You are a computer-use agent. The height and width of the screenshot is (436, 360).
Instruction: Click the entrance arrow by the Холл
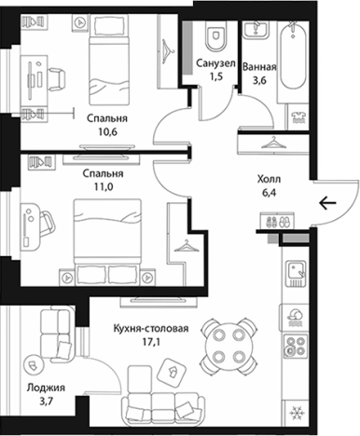(x=326, y=203)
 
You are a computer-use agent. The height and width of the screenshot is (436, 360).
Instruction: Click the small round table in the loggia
(x=34, y=359)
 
